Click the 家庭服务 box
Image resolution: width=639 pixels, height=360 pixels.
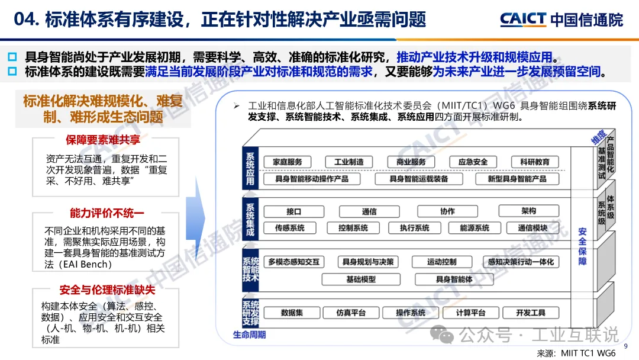tap(288, 162)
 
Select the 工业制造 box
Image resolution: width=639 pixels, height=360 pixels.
tap(348, 162)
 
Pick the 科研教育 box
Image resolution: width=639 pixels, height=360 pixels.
tap(534, 162)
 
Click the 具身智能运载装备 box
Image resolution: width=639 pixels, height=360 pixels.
tap(418, 178)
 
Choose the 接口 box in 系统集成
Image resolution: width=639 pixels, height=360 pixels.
tap(294, 211)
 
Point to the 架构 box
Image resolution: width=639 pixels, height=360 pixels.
tap(528, 211)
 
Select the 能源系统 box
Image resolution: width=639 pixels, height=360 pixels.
tap(475, 227)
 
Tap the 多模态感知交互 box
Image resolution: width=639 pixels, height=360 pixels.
tap(293, 262)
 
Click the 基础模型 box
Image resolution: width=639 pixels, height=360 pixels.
tap(361, 278)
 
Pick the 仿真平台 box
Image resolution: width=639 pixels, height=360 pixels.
tap(351, 313)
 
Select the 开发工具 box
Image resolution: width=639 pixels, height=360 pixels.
tap(530, 313)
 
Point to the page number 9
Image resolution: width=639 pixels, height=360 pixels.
tap(627, 346)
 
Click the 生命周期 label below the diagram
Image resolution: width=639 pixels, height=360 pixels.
tap(249, 335)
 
